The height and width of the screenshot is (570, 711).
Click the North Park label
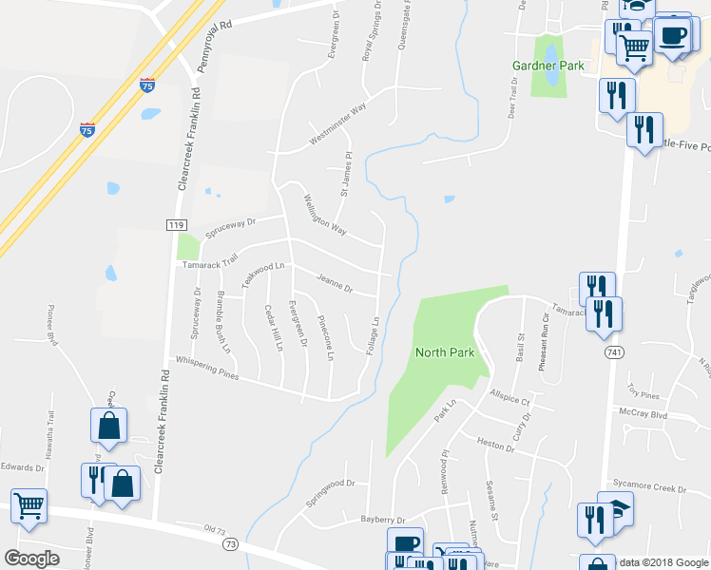tap(445, 352)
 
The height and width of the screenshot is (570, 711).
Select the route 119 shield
tap(174, 224)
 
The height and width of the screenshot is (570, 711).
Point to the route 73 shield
tap(230, 544)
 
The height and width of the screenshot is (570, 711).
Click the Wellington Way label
tap(325, 215)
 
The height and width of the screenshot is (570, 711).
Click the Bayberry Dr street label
tap(382, 520)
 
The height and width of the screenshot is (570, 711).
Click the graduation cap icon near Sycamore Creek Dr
tap(616, 508)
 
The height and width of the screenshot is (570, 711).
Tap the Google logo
tap(31, 559)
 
